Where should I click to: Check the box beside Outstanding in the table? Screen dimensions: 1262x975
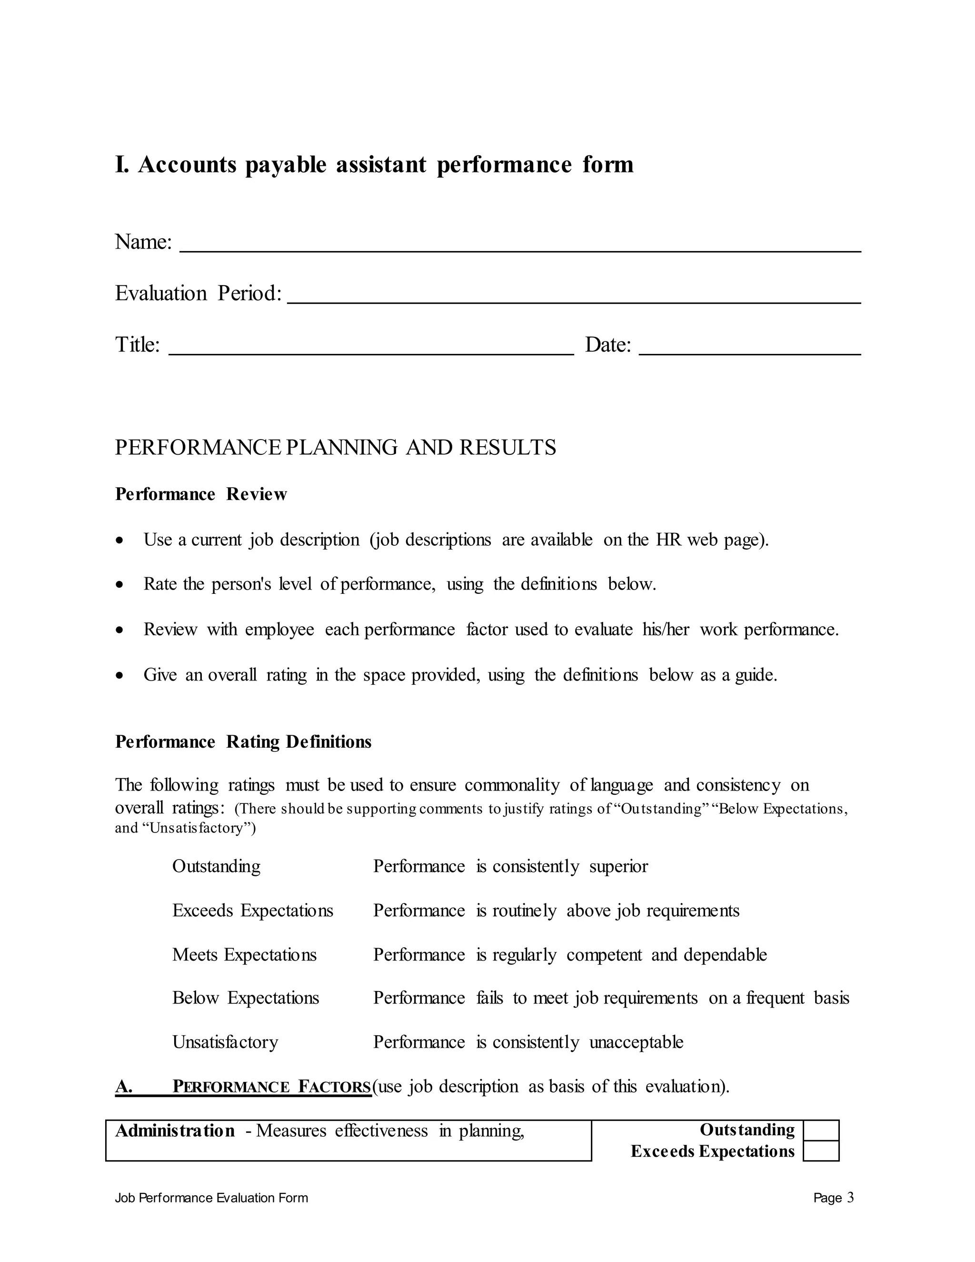click(x=821, y=1130)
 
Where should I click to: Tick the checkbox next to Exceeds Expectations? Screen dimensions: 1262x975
click(x=821, y=1151)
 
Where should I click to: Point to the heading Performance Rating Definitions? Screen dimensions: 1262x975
click(x=243, y=741)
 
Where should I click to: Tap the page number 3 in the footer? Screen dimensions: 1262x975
click(x=850, y=1198)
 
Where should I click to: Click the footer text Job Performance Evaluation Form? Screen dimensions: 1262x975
click(x=211, y=1198)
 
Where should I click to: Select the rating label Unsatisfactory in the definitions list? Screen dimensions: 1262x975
click(x=225, y=1042)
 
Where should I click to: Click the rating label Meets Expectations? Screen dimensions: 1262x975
click(x=244, y=954)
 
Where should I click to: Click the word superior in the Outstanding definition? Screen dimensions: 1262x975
click(x=618, y=866)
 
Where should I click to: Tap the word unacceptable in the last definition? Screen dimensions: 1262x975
click(x=636, y=1042)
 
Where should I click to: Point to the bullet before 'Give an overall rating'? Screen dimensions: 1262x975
click(x=119, y=675)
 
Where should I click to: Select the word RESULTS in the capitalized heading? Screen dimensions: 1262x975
click(x=507, y=448)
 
